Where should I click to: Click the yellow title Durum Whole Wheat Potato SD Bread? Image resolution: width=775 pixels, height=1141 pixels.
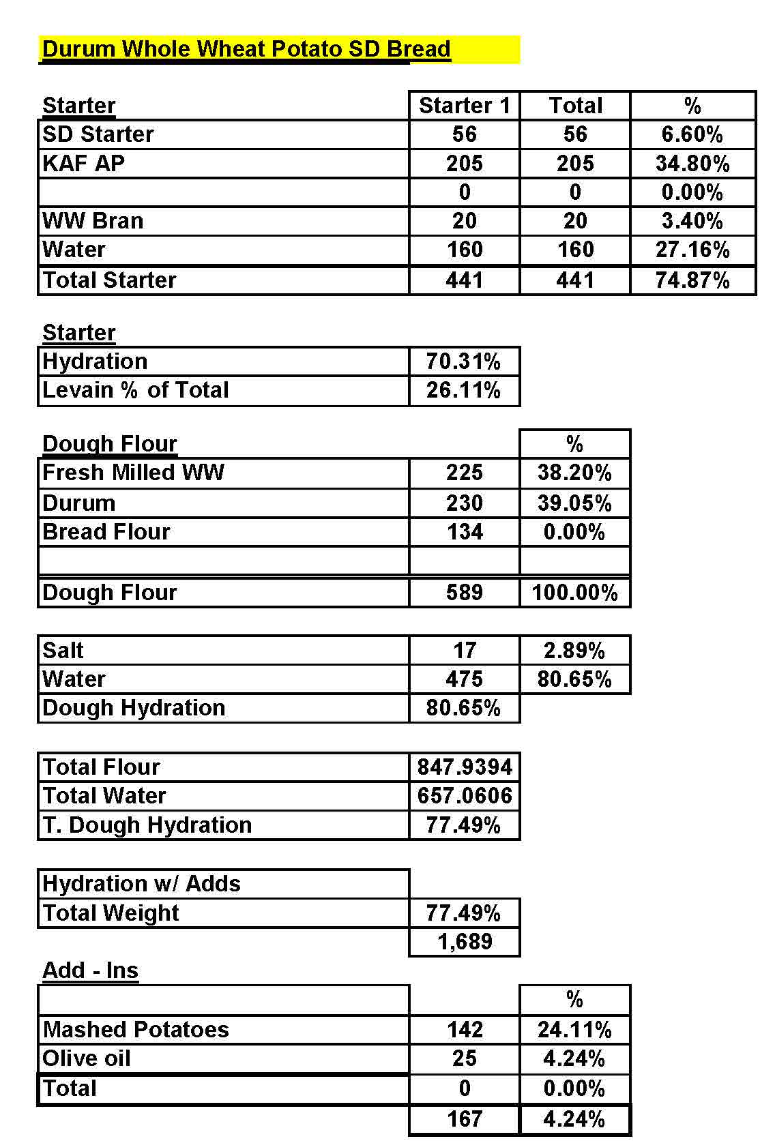coord(246,49)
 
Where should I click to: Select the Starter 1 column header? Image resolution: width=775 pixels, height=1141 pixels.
coord(464,106)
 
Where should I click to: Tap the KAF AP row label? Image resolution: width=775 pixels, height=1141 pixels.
coord(83,164)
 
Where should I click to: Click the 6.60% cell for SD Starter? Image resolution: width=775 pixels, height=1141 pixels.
coord(692,134)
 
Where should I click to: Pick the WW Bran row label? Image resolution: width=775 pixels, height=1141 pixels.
coord(93,221)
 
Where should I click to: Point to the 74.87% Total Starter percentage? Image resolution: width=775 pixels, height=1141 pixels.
coord(692,280)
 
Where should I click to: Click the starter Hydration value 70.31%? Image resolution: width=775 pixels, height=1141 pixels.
coord(464,361)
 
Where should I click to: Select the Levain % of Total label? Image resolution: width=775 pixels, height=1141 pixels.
coord(135,390)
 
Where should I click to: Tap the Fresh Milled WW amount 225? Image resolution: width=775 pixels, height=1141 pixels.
coord(464,473)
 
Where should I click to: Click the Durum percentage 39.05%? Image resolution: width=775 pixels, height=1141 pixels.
coord(574,503)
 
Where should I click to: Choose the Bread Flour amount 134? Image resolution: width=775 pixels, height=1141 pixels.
coord(464,532)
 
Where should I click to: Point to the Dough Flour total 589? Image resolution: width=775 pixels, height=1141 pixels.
coord(464,592)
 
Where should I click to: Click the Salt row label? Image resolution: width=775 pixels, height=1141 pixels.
coord(63,651)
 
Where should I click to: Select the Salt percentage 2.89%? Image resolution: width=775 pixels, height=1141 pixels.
coord(574,651)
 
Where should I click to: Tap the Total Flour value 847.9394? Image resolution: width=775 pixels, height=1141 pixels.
coord(464,767)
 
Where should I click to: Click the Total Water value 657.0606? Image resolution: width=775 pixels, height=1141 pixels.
coord(464,796)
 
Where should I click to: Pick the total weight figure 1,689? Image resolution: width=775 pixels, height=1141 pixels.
coord(464,942)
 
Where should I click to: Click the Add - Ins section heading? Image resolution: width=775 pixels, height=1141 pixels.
coord(90,970)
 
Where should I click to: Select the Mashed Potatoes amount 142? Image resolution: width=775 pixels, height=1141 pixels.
coord(464,1029)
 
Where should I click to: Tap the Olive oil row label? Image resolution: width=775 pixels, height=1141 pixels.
coord(86,1058)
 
